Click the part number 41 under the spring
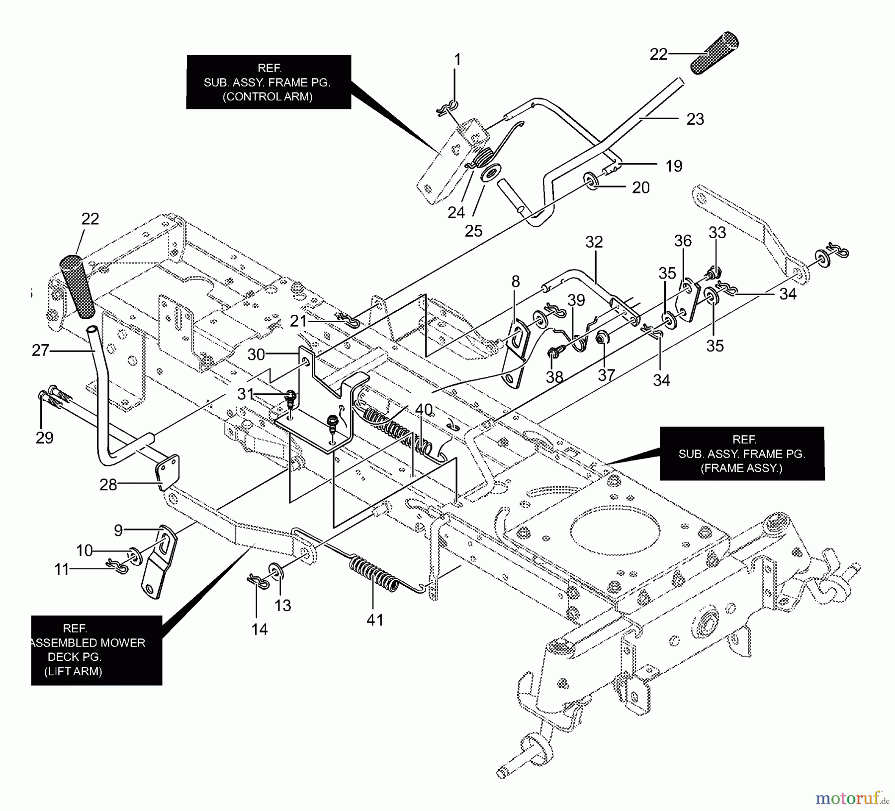click(375, 620)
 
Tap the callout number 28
click(108, 484)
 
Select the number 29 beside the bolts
click(45, 438)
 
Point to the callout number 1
click(457, 60)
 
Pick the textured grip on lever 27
click(78, 286)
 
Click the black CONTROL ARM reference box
click(268, 82)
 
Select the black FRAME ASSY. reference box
click(741, 453)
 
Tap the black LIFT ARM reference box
click(96, 650)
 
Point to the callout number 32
click(594, 242)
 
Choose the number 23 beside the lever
click(695, 119)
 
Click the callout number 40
click(424, 410)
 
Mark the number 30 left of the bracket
click(257, 355)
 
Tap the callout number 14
click(260, 630)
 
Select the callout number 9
click(118, 531)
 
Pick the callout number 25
click(473, 231)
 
